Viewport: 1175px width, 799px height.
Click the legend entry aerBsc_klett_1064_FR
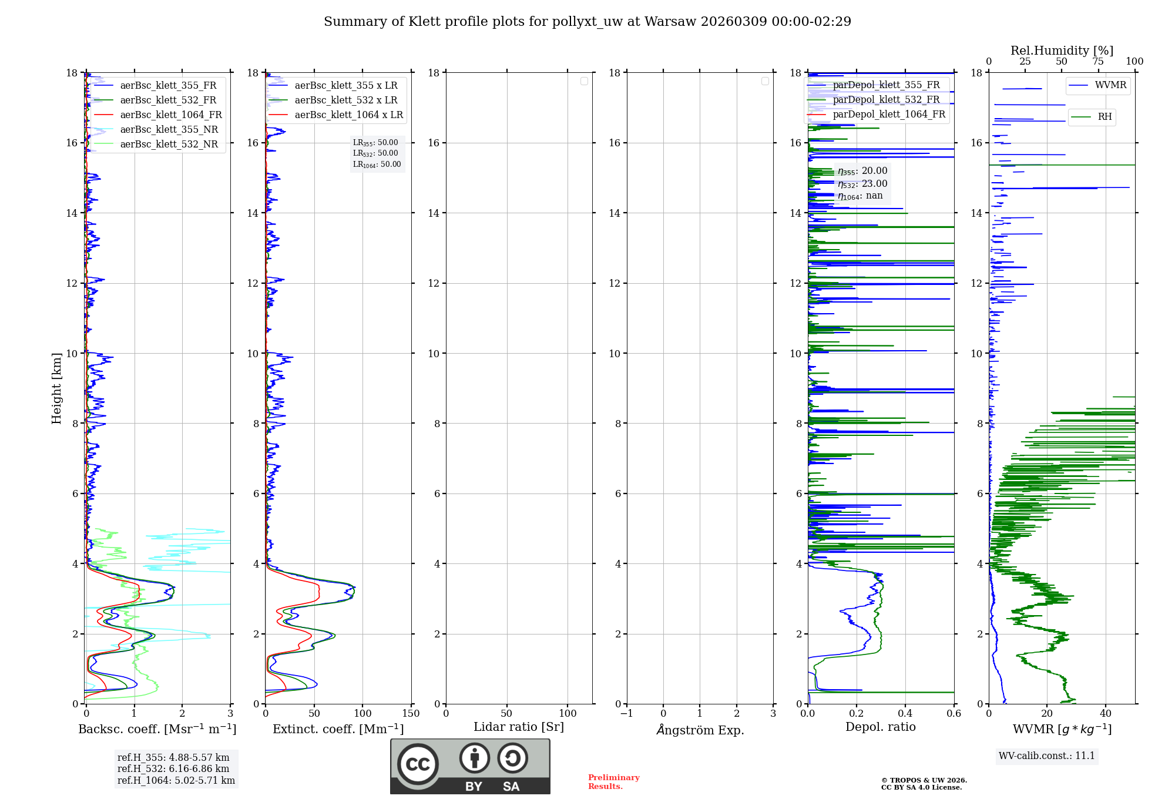pos(171,115)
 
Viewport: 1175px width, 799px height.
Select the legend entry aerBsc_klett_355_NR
pos(169,130)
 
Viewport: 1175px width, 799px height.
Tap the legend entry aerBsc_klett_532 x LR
pos(345,100)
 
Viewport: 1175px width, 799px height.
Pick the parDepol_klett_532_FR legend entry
pos(886,100)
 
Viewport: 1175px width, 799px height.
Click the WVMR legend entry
pos(1110,85)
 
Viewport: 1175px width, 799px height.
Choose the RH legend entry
pos(1104,117)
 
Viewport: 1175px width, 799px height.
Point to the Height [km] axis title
pos(56,388)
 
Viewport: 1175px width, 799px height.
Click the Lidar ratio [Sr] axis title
pos(519,727)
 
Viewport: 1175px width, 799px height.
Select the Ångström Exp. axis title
pos(700,730)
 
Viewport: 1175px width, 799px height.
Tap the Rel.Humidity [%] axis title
pos(1062,51)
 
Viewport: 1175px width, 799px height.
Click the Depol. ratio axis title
pos(880,727)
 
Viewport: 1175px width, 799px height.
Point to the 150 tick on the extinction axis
pos(411,714)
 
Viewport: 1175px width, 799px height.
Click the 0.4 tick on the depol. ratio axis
pos(905,714)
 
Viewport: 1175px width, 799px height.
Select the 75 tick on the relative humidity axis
pos(1097,62)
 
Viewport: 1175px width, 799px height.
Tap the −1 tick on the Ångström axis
pos(627,714)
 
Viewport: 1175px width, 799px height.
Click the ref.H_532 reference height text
pos(173,769)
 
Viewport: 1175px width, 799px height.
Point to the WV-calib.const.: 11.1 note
pos(1047,756)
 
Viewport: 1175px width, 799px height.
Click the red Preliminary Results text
pos(613,782)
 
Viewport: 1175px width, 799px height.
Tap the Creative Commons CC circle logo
pos(418,764)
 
